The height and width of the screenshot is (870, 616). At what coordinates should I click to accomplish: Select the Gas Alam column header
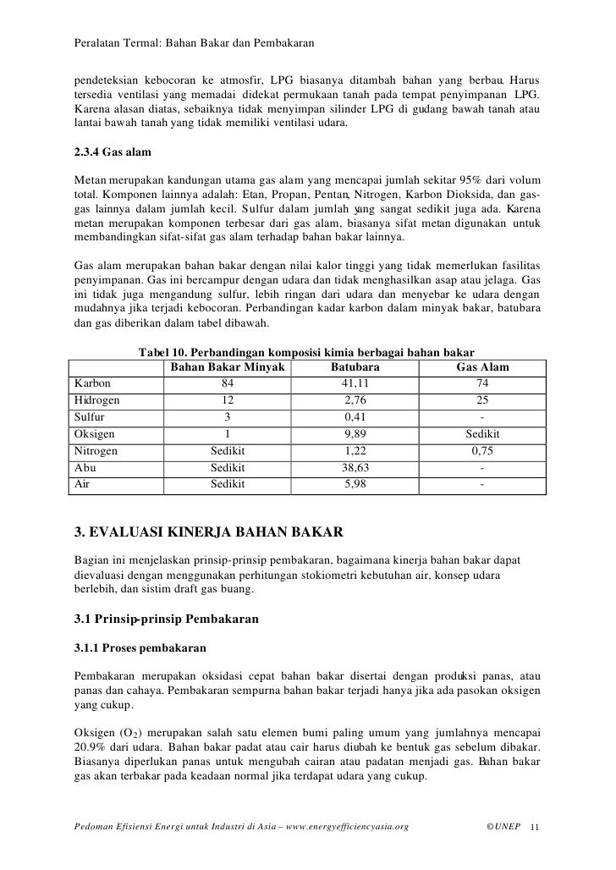coord(481,367)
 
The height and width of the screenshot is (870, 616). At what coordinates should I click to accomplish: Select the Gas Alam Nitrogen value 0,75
coord(481,451)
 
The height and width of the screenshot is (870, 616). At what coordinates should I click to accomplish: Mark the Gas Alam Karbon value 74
coord(481,383)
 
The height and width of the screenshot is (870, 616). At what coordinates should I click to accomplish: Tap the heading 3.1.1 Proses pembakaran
coord(140,649)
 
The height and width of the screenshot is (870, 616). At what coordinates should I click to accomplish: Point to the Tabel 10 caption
coord(305,351)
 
